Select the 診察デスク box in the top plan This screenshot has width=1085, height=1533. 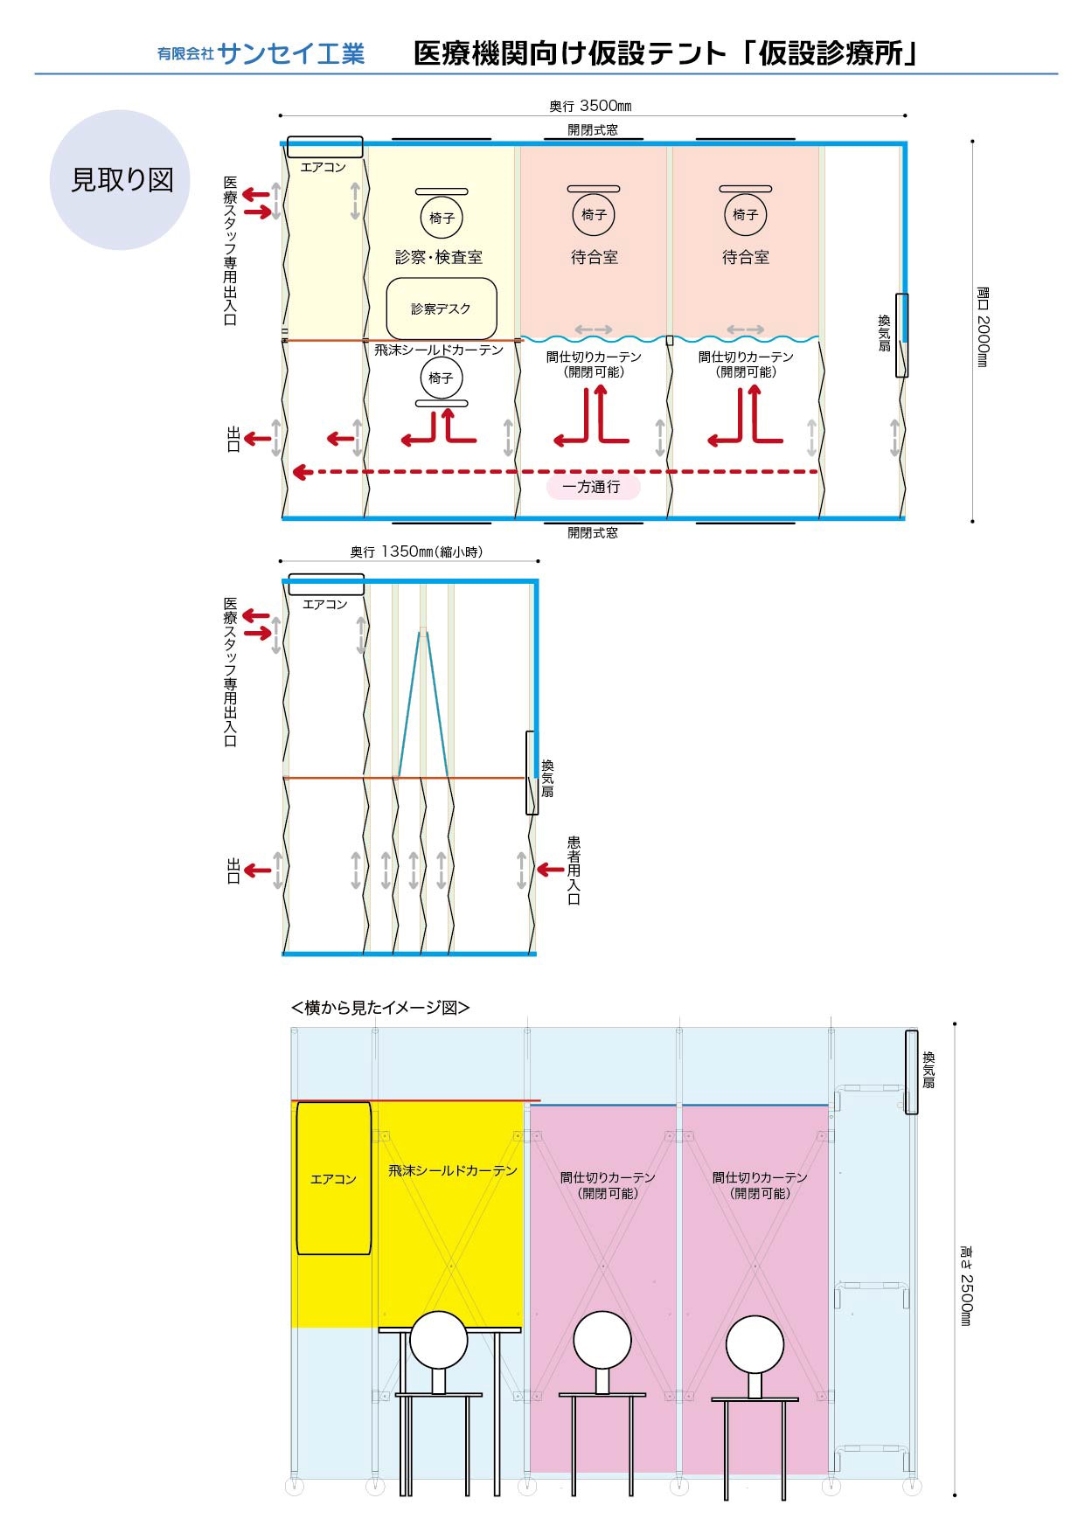[442, 309]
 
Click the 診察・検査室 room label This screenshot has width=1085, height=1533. [439, 257]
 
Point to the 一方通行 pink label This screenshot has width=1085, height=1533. [592, 487]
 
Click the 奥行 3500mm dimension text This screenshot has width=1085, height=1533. [590, 106]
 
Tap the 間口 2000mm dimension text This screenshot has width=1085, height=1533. [982, 327]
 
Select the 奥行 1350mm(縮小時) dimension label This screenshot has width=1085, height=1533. [416, 551]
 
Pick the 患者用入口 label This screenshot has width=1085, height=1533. [574, 870]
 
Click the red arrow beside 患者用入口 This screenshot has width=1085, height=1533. [550, 870]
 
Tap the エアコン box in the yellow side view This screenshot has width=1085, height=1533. [333, 1178]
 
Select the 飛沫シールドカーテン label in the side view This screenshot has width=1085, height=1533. [453, 1170]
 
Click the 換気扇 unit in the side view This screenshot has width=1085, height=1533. [911, 1072]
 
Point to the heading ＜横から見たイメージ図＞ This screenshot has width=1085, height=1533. [380, 1008]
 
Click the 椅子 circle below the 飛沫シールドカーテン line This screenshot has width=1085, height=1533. [441, 378]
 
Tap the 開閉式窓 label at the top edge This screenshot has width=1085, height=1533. [592, 129]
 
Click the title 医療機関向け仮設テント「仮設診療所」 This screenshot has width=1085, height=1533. [666, 54]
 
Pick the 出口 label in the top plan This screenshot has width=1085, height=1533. [233, 439]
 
